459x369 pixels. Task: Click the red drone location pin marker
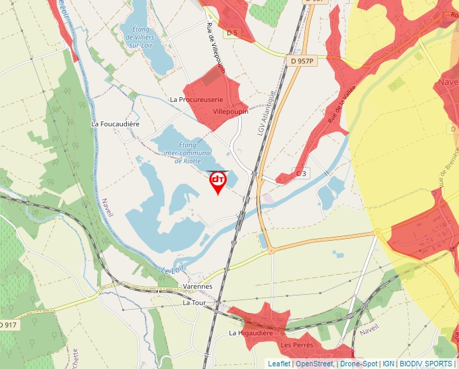[218, 181]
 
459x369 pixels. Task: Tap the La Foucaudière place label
[115, 124]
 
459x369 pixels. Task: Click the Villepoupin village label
[230, 111]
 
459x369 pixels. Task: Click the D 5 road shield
[233, 32]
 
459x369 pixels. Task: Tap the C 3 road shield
[301, 173]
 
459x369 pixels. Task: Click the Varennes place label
[197, 287]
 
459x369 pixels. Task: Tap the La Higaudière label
[250, 333]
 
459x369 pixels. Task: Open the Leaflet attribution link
[279, 364]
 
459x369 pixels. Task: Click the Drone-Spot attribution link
[358, 364]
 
